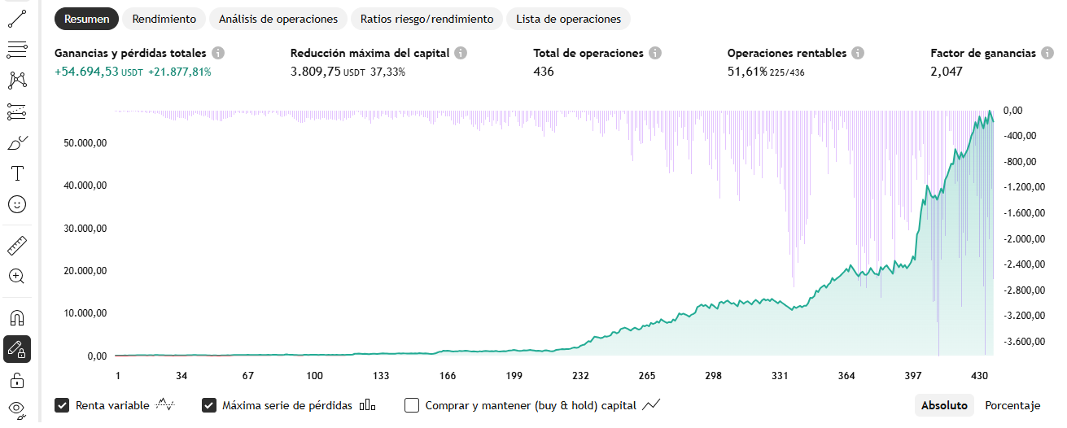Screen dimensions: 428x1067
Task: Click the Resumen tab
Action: (87, 19)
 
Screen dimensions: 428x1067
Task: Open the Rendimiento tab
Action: (164, 19)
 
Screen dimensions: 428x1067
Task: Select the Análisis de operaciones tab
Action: (278, 19)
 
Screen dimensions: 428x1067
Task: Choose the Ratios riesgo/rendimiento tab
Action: (427, 19)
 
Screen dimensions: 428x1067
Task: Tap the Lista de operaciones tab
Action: (568, 19)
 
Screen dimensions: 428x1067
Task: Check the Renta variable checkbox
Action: (62, 405)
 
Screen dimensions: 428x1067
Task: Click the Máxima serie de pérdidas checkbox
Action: (209, 405)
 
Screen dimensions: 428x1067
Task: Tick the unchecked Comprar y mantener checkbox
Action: (412, 405)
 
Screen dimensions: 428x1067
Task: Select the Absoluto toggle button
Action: (944, 405)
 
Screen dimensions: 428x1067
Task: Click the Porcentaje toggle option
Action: (1012, 405)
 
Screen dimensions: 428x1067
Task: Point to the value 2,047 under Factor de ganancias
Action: (947, 72)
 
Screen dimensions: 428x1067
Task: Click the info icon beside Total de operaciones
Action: (655, 53)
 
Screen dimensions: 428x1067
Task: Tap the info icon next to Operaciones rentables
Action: (858, 53)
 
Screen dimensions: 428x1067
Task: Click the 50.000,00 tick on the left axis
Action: (85, 143)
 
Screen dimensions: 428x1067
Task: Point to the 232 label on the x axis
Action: (580, 376)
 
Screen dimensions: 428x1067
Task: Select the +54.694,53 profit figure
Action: (86, 72)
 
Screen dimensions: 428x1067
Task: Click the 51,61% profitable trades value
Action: (747, 72)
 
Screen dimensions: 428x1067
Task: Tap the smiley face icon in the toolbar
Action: (17, 204)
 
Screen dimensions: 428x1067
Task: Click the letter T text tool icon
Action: (17, 173)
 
